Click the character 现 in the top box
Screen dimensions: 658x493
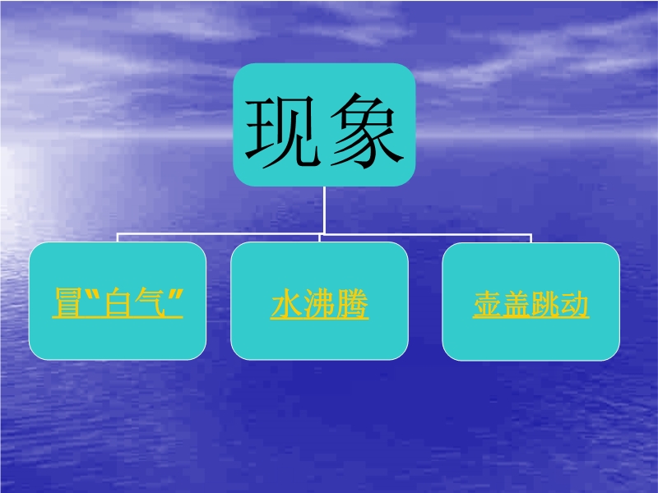(280, 131)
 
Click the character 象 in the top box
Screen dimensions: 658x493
(367, 131)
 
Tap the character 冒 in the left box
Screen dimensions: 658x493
(68, 302)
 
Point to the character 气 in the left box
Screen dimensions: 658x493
(150, 302)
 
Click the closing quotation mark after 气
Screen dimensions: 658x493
(177, 295)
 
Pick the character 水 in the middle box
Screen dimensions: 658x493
(286, 304)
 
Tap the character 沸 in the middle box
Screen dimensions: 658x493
(319, 304)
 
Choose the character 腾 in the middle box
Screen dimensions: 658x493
(352, 304)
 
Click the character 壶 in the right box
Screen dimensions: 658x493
(488, 304)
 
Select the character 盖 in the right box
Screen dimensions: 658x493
(517, 304)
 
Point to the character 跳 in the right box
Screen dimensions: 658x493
(545, 304)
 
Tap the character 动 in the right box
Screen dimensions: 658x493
(574, 304)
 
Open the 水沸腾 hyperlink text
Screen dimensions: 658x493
(319, 304)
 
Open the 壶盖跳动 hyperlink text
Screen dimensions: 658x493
(531, 304)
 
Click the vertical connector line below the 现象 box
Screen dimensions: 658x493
(324, 210)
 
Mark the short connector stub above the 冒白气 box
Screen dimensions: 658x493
(118, 237)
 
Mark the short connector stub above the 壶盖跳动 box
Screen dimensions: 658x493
(531, 238)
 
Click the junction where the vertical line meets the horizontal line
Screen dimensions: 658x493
(324, 233)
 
